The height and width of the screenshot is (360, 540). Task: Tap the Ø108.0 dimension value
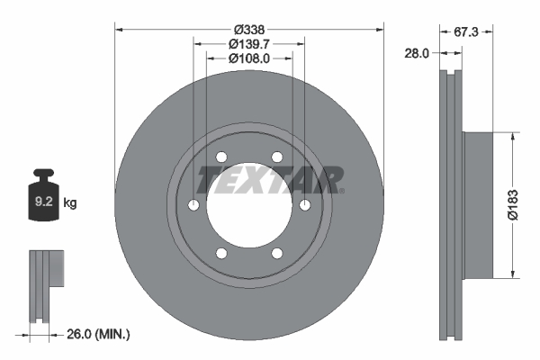250,58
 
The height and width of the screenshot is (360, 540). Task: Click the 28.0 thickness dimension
417,54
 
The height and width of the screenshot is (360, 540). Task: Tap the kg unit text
70,203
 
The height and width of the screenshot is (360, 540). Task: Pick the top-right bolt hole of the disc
277,158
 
